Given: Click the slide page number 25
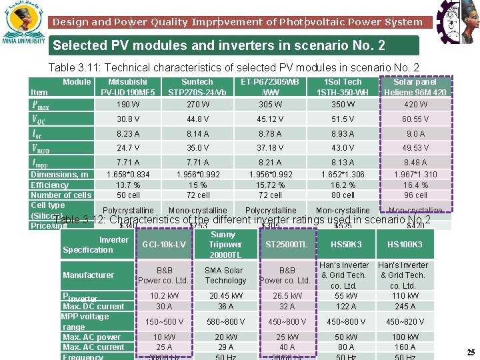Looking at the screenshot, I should point(471,352).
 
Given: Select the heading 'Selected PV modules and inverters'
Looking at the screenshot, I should point(219,46).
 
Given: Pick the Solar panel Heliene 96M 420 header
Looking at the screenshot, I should point(415,87).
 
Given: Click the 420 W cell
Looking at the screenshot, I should point(415,105).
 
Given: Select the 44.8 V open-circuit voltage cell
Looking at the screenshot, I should point(197,119).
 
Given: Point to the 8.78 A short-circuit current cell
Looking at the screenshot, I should point(270,134).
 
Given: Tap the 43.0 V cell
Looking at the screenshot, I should point(343,148).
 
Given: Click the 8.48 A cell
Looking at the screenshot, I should point(415,162).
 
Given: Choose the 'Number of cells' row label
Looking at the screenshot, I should point(61,195).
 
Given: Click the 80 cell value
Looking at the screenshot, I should point(343,195).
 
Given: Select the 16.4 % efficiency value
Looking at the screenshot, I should point(415,185).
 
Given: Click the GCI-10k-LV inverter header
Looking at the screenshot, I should point(163,245).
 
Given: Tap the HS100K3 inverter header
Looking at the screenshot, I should point(405,245).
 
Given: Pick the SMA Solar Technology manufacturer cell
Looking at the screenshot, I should point(225,275).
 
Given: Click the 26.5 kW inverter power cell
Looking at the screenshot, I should point(287,296).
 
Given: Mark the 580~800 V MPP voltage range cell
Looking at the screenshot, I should point(225,322).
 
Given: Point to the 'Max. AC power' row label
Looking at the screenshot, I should point(91,337).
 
